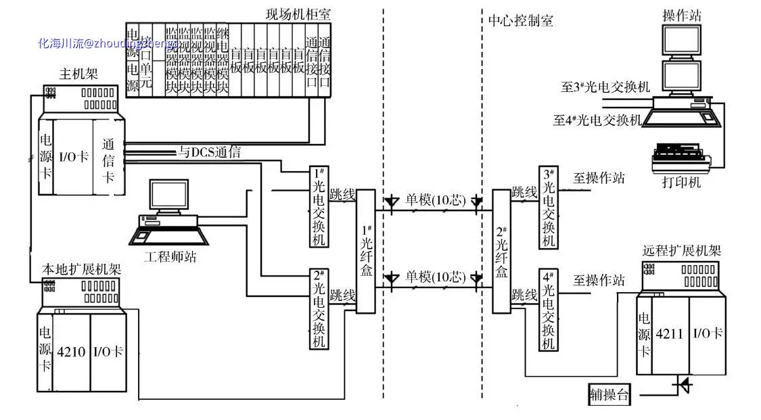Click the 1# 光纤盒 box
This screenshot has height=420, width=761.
[x=365, y=251]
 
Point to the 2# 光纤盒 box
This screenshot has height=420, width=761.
[x=501, y=251]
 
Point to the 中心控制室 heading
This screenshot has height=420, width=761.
[x=521, y=20]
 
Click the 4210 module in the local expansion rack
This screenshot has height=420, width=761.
[x=71, y=352]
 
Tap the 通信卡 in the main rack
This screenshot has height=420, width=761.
[x=108, y=161]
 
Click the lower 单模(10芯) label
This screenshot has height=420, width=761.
[x=436, y=277]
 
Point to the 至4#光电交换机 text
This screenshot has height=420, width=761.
[x=596, y=120]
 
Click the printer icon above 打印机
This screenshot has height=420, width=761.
[x=680, y=157]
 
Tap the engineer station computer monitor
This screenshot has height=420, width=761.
[x=169, y=196]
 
